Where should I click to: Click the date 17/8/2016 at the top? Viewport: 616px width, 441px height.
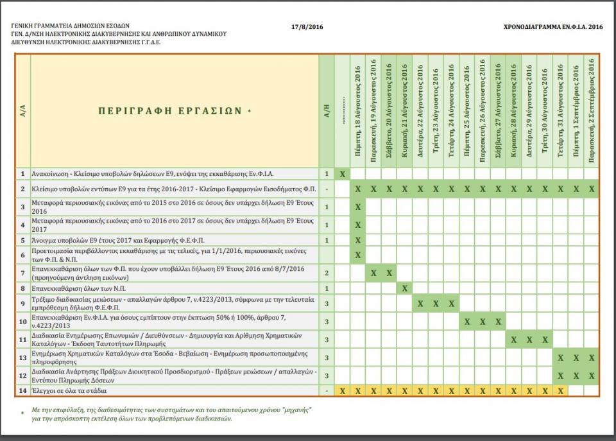[307, 26]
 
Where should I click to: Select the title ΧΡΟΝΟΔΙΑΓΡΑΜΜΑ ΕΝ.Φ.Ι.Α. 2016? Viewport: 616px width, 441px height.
[554, 26]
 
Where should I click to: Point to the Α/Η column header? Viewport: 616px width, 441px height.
[327, 110]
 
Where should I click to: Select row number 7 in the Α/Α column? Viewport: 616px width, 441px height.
[22, 273]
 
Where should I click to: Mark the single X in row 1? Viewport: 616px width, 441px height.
[343, 173]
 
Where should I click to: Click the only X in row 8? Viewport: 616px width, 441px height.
[404, 288]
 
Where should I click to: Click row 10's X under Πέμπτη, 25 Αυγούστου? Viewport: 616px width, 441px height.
[466, 321]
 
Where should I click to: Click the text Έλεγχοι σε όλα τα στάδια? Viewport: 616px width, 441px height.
[71, 390]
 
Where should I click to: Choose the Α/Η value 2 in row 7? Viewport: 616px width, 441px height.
[327, 273]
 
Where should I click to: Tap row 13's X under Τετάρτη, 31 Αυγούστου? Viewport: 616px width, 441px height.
[560, 358]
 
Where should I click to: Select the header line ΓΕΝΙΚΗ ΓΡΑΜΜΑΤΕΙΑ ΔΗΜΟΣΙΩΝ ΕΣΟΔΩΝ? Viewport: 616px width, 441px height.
[70, 26]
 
